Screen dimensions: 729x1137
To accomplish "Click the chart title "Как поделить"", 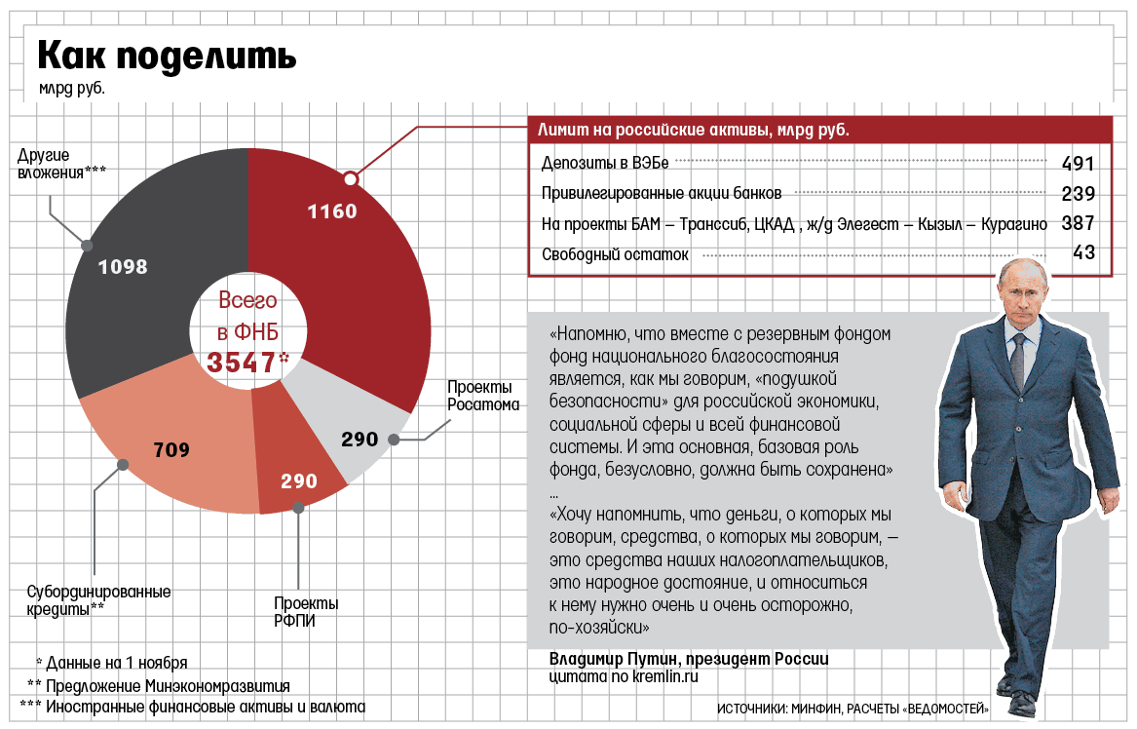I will click(x=167, y=57).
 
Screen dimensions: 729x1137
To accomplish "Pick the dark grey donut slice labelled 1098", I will click(x=146, y=244).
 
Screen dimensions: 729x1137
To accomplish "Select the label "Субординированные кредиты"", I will click(x=96, y=599).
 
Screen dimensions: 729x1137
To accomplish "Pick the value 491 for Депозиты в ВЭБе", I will click(x=1078, y=163).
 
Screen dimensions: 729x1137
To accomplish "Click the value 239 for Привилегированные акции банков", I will click(x=1078, y=193).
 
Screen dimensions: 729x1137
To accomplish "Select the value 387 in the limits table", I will click(x=1078, y=223).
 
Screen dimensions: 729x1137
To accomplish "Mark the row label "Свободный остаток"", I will click(x=615, y=254).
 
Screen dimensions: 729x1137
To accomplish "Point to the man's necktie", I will click(x=1017, y=361).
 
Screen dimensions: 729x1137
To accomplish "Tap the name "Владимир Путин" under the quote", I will click(x=611, y=658).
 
